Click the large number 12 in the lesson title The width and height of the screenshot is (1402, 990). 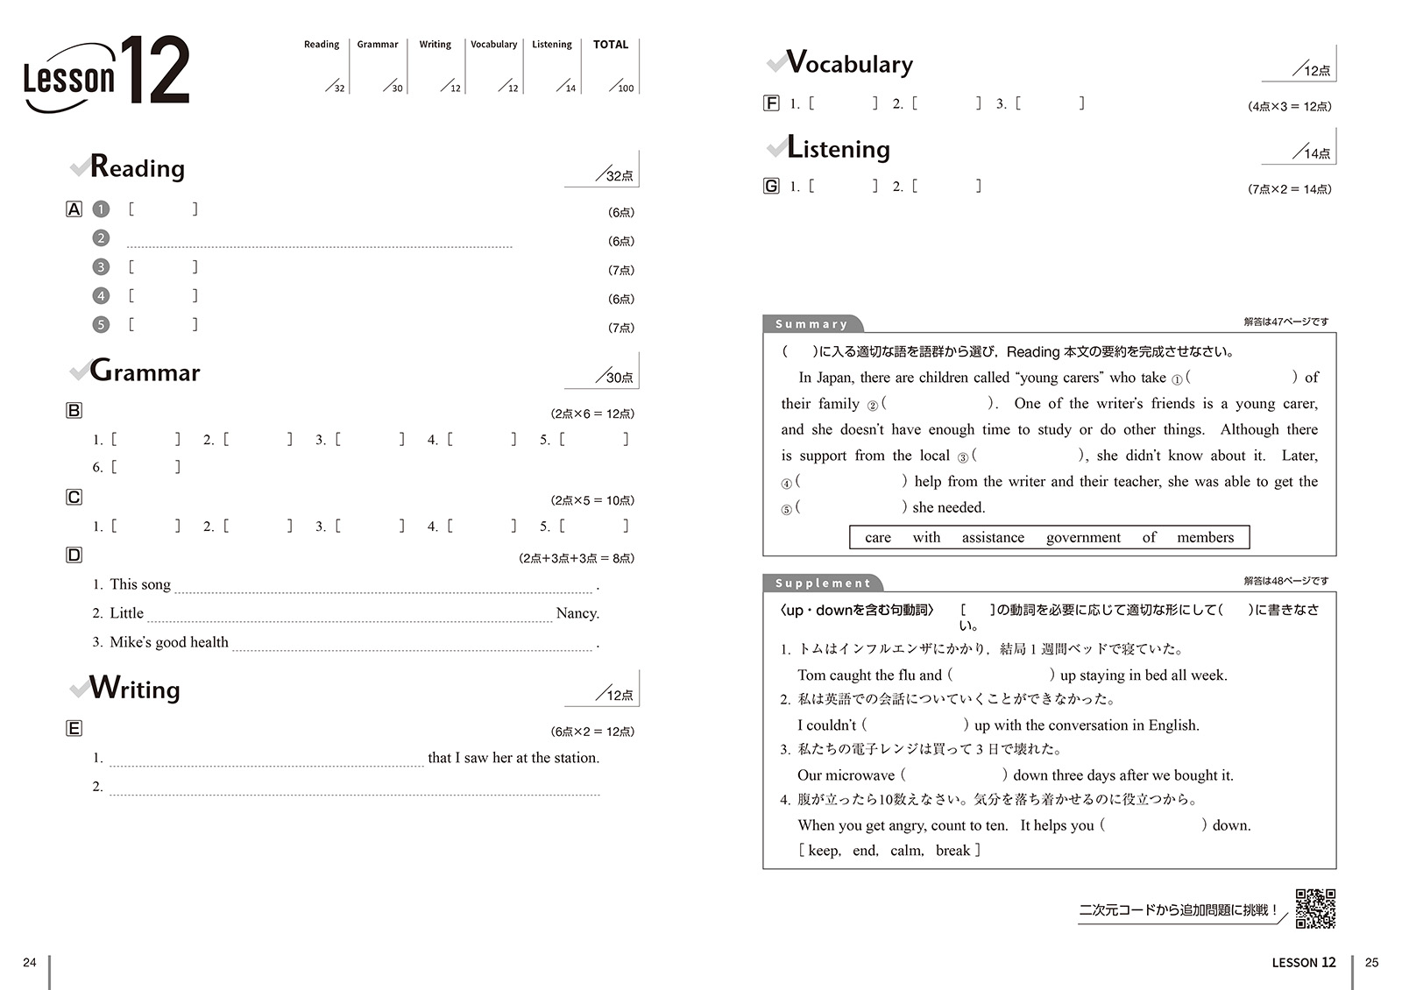click(154, 70)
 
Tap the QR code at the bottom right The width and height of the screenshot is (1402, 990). click(1315, 909)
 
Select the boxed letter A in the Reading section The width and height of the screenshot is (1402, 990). click(74, 209)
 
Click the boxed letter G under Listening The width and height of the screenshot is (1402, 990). click(771, 186)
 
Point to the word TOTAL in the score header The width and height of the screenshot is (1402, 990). click(611, 45)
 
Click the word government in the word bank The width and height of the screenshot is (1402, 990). click(1083, 537)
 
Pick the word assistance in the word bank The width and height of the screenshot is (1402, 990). click(993, 537)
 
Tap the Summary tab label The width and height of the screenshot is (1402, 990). click(811, 324)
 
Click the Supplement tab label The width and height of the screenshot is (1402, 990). click(822, 583)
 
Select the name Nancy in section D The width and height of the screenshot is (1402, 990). click(577, 613)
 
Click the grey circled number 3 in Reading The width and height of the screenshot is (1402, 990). click(102, 267)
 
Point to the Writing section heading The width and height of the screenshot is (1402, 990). click(135, 689)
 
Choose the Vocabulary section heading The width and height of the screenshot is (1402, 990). click(849, 63)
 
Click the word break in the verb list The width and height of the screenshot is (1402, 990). click(952, 850)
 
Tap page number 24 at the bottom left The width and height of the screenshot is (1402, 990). click(30, 962)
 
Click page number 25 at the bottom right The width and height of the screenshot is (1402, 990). click(1371, 962)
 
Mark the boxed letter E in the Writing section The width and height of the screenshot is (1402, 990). click(74, 728)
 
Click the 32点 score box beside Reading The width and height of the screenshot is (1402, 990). click(618, 173)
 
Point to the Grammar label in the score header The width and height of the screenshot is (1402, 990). click(378, 45)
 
